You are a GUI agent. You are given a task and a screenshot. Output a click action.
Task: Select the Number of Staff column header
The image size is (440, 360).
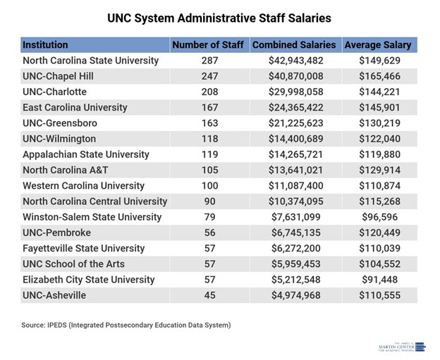click(x=208, y=45)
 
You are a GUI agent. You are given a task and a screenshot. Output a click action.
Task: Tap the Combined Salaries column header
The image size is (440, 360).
click(x=294, y=45)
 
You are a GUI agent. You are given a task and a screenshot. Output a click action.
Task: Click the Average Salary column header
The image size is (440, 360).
click(x=378, y=45)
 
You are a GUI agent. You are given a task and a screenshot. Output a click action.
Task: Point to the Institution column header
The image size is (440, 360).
click(x=46, y=45)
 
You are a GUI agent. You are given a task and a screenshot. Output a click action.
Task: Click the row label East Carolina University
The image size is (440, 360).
click(x=75, y=108)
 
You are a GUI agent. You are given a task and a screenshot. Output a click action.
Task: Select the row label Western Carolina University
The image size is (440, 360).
click(x=85, y=186)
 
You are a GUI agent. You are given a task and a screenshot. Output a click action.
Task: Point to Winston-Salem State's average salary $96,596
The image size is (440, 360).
click(x=381, y=217)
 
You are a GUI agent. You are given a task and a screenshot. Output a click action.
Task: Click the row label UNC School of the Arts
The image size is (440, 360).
click(x=74, y=264)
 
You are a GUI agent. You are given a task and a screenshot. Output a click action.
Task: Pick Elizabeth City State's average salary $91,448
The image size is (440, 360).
click(x=381, y=280)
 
